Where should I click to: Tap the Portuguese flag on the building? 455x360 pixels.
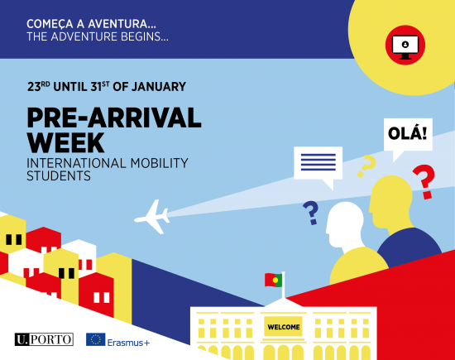click(273, 280)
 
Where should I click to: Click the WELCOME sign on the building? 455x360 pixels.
click(284, 327)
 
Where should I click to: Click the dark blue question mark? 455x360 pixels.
click(311, 213)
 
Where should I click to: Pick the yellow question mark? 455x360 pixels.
click(366, 166)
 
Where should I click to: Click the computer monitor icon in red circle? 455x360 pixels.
click(405, 46)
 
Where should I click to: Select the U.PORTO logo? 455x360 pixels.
click(44, 339)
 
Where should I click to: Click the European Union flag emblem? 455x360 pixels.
click(95, 339)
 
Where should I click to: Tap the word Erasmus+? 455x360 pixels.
click(128, 343)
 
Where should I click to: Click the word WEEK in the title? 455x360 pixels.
click(65, 142)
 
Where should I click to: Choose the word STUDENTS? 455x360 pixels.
click(59, 176)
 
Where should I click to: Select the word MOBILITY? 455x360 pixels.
click(160, 163)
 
